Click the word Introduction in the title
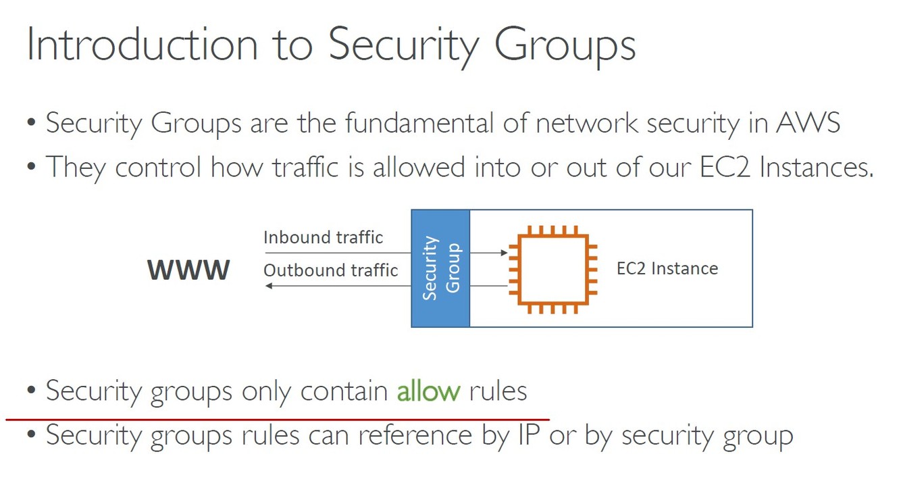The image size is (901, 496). [142, 45]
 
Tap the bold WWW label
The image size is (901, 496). [188, 270]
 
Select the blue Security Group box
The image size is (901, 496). [440, 268]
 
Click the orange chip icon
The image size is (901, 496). [552, 269]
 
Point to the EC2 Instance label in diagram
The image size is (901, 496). [667, 269]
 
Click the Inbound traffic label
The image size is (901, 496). [323, 238]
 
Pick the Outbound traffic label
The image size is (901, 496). [330, 270]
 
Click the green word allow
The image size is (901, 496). [428, 391]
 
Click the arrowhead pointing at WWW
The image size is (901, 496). [268, 286]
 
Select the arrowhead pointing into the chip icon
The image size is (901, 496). [504, 253]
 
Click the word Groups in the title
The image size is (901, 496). [565, 45]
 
